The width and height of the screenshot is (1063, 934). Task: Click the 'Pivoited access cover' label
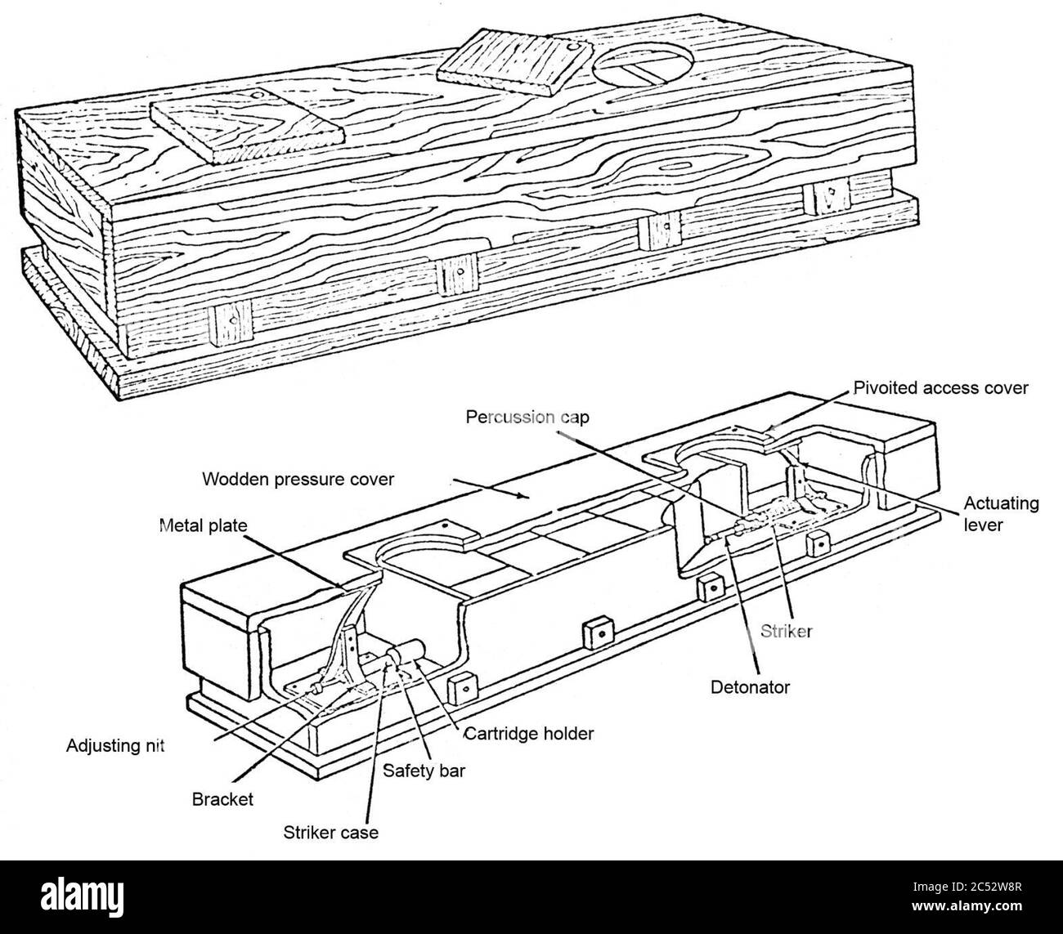pyautogui.click(x=940, y=388)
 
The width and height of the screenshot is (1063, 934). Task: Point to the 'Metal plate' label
pyautogui.click(x=202, y=525)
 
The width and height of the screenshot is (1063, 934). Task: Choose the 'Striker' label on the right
pyautogui.click(x=786, y=631)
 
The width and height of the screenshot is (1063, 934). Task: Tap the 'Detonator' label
pyautogui.click(x=750, y=687)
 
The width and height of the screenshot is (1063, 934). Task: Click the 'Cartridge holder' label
pyautogui.click(x=528, y=733)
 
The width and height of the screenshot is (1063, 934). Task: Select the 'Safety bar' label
pyautogui.click(x=424, y=770)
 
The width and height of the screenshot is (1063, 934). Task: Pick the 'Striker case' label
pyautogui.click(x=331, y=833)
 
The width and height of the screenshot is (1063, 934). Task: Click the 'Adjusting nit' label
pyautogui.click(x=115, y=746)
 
